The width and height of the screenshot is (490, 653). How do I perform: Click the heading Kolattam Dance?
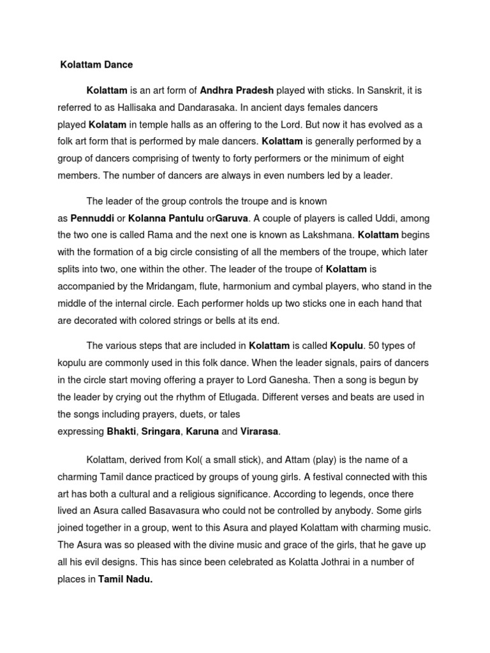click(96, 64)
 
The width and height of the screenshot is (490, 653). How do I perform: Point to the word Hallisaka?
click(138, 107)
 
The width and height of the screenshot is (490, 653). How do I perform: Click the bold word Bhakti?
click(121, 432)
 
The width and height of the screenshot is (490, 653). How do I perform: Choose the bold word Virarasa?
click(259, 432)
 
